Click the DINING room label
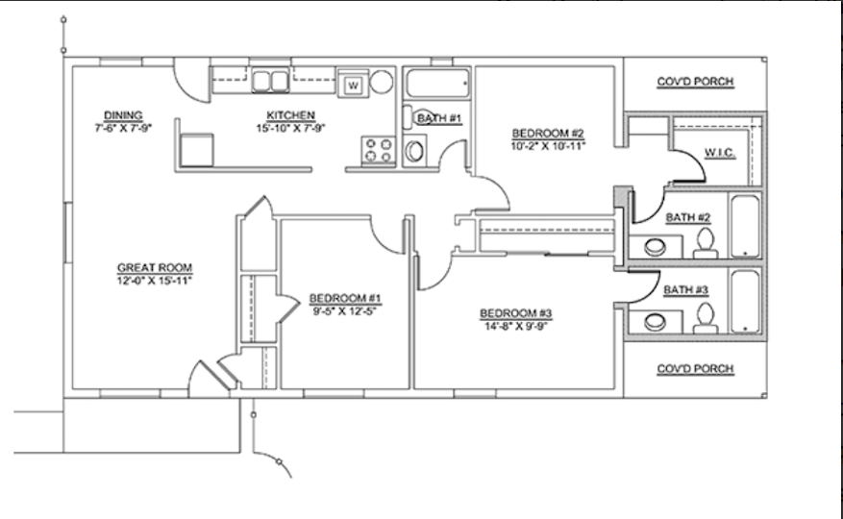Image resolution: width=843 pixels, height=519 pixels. click(123, 115)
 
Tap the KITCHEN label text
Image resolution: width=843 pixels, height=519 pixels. click(291, 115)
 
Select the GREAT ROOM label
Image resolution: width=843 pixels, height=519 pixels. click(155, 267)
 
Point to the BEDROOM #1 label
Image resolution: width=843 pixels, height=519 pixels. click(345, 298)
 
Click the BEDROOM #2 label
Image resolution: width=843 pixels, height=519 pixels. click(548, 133)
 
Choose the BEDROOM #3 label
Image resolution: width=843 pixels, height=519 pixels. click(516, 313)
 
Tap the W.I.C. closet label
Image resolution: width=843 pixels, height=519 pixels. click(720, 153)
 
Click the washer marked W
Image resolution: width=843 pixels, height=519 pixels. click(353, 85)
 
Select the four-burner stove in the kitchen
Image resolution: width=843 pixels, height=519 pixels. click(379, 150)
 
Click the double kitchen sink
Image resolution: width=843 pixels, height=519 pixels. click(270, 81)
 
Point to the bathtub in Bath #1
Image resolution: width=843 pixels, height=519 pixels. click(437, 84)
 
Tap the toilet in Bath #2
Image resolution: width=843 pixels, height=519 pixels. click(706, 243)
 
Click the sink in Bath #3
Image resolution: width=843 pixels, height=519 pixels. click(656, 322)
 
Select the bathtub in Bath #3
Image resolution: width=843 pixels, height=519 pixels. click(745, 302)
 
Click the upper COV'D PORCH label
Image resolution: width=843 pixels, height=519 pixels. click(695, 81)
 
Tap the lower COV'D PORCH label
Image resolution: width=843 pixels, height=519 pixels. click(695, 369)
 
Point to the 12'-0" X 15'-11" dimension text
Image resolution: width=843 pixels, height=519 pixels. click(155, 281)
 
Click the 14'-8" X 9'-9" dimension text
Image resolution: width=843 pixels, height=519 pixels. click(516, 326)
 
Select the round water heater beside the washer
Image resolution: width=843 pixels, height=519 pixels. click(382, 82)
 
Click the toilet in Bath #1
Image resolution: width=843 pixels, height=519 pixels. click(414, 151)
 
